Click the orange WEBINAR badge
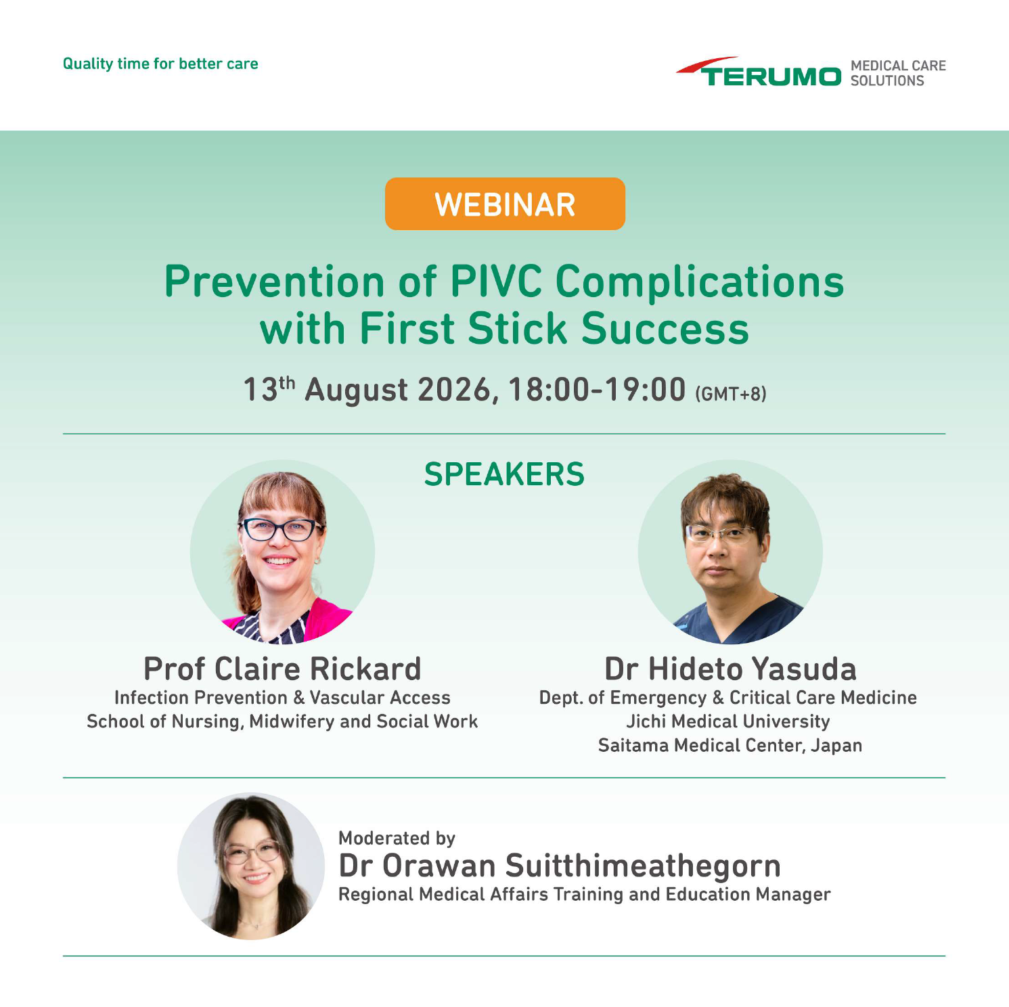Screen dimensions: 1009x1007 (x=505, y=204)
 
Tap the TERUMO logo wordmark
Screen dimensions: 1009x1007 (x=759, y=72)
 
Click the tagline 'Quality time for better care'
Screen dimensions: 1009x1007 (x=160, y=64)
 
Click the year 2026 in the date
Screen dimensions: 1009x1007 (x=453, y=390)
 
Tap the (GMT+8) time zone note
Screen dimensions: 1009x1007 (x=731, y=394)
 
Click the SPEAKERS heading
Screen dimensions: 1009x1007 (x=504, y=474)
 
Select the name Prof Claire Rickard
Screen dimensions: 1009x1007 (x=282, y=669)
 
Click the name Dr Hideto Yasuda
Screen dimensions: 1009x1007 (x=730, y=669)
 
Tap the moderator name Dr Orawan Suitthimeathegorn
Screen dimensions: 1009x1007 (x=560, y=866)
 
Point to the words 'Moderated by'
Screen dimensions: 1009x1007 (x=397, y=838)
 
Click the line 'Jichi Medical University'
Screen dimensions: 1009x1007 (x=728, y=721)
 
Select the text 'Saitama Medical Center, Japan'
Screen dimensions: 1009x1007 (x=730, y=745)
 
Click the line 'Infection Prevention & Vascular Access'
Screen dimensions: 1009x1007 (x=282, y=698)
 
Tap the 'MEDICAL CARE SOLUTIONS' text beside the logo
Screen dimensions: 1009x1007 (x=898, y=73)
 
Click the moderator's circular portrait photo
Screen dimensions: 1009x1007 (x=251, y=866)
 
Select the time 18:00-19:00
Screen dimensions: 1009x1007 (x=597, y=390)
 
